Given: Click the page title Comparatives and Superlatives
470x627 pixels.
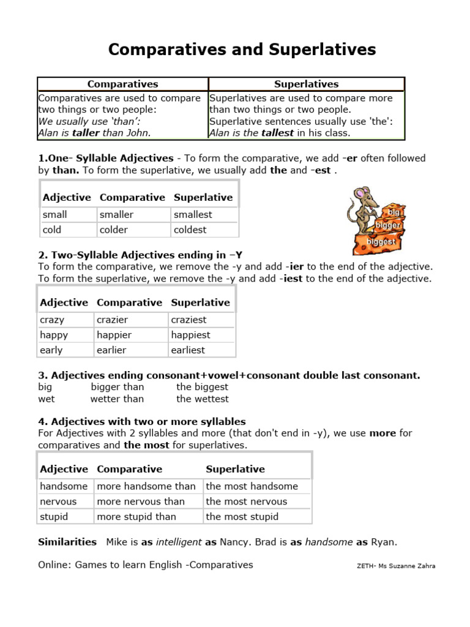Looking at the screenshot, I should point(242,50).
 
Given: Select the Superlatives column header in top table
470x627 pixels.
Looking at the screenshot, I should point(306,84).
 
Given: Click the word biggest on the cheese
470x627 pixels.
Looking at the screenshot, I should point(381,242).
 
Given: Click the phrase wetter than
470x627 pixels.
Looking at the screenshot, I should point(117,399).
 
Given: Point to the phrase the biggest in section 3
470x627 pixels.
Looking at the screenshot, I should point(202,387).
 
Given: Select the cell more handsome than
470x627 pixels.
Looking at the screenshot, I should point(146,486).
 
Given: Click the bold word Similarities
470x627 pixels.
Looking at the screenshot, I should point(67,542).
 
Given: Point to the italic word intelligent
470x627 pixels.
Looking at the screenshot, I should point(178,542).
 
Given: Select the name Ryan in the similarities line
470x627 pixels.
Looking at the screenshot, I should point(384,542).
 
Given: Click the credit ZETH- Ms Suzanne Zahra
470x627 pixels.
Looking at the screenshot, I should point(395,566).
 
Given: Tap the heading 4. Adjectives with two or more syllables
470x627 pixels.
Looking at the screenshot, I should point(142,422).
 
